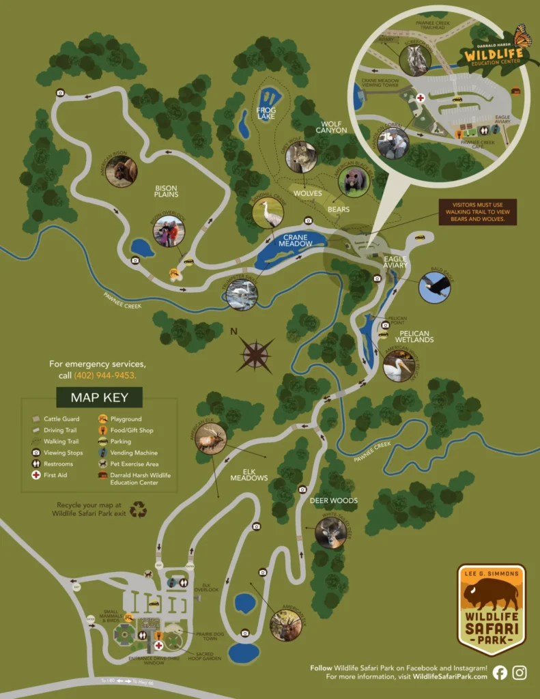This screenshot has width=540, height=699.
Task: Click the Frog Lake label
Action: (x=266, y=113)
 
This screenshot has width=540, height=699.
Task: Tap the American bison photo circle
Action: (x=122, y=171)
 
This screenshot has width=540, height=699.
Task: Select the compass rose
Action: (x=255, y=354)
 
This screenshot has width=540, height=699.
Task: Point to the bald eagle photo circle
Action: (x=434, y=287)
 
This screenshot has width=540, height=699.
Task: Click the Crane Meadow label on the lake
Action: (x=294, y=240)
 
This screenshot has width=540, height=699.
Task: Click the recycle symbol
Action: (x=139, y=509)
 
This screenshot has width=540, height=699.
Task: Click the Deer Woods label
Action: (x=334, y=500)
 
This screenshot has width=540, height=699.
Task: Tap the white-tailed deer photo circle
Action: (x=331, y=532)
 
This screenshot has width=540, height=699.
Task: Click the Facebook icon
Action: (x=500, y=672)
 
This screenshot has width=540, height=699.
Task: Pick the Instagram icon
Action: (x=520, y=672)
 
